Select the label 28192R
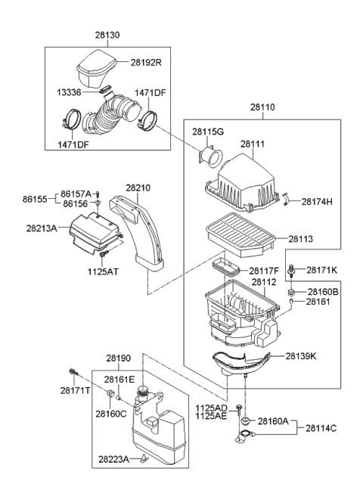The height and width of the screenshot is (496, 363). click(146, 63)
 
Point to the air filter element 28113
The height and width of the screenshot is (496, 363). click(242, 231)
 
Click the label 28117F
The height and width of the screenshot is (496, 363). click(264, 269)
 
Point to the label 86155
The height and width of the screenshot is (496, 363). click(34, 200)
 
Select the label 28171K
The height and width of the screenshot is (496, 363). click(323, 269)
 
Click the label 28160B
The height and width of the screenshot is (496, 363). click(323, 291)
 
